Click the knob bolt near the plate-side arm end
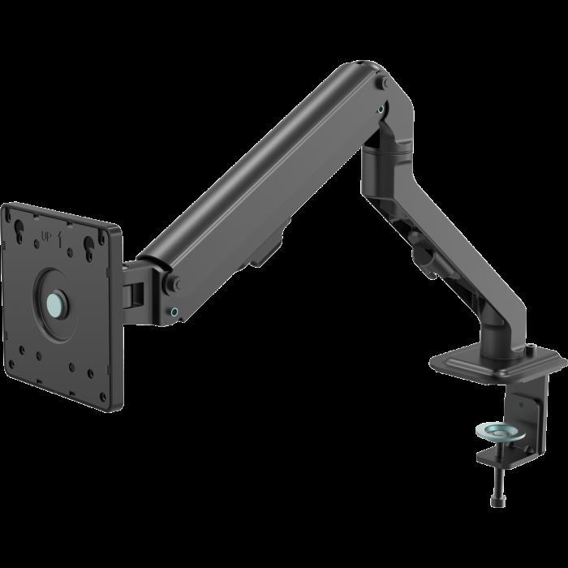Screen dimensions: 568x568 tap(174, 282)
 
